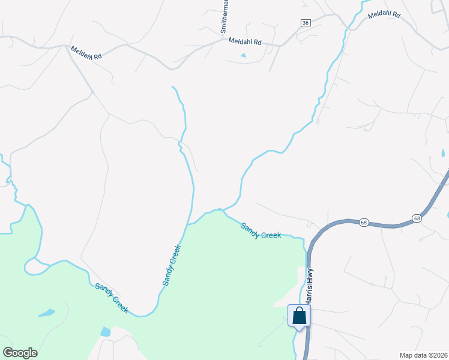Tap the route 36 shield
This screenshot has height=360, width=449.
coord(306,22)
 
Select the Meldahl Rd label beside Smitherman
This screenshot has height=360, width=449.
coord(245,42)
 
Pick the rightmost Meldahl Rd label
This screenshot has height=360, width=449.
coord(384,14)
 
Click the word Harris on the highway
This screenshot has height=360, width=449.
coord(309,292)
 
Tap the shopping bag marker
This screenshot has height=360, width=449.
coord(299,316)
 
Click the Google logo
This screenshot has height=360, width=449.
coord(20,353)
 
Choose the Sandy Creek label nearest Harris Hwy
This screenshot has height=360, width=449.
coord(261,230)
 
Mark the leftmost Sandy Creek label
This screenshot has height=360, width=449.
coord(112,297)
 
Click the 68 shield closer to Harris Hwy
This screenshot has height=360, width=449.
coord(364,222)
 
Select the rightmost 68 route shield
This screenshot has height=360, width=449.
coord(416,218)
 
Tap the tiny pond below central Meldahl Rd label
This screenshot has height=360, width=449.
coord(243,56)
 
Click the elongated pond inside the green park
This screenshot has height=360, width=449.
coord(46,313)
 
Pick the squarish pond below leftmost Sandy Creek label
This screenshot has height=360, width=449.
coord(106,332)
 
